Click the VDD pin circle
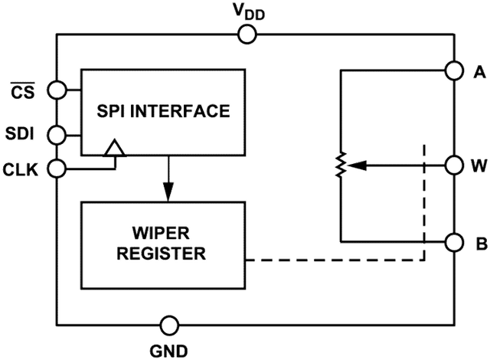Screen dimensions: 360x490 247,34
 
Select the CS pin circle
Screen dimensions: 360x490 57,90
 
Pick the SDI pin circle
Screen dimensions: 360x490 57,136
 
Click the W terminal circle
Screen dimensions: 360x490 454,165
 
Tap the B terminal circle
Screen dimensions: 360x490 454,243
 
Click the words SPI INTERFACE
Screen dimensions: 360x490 163,111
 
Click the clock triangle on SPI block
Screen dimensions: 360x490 114,149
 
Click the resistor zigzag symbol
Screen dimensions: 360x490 341,165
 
